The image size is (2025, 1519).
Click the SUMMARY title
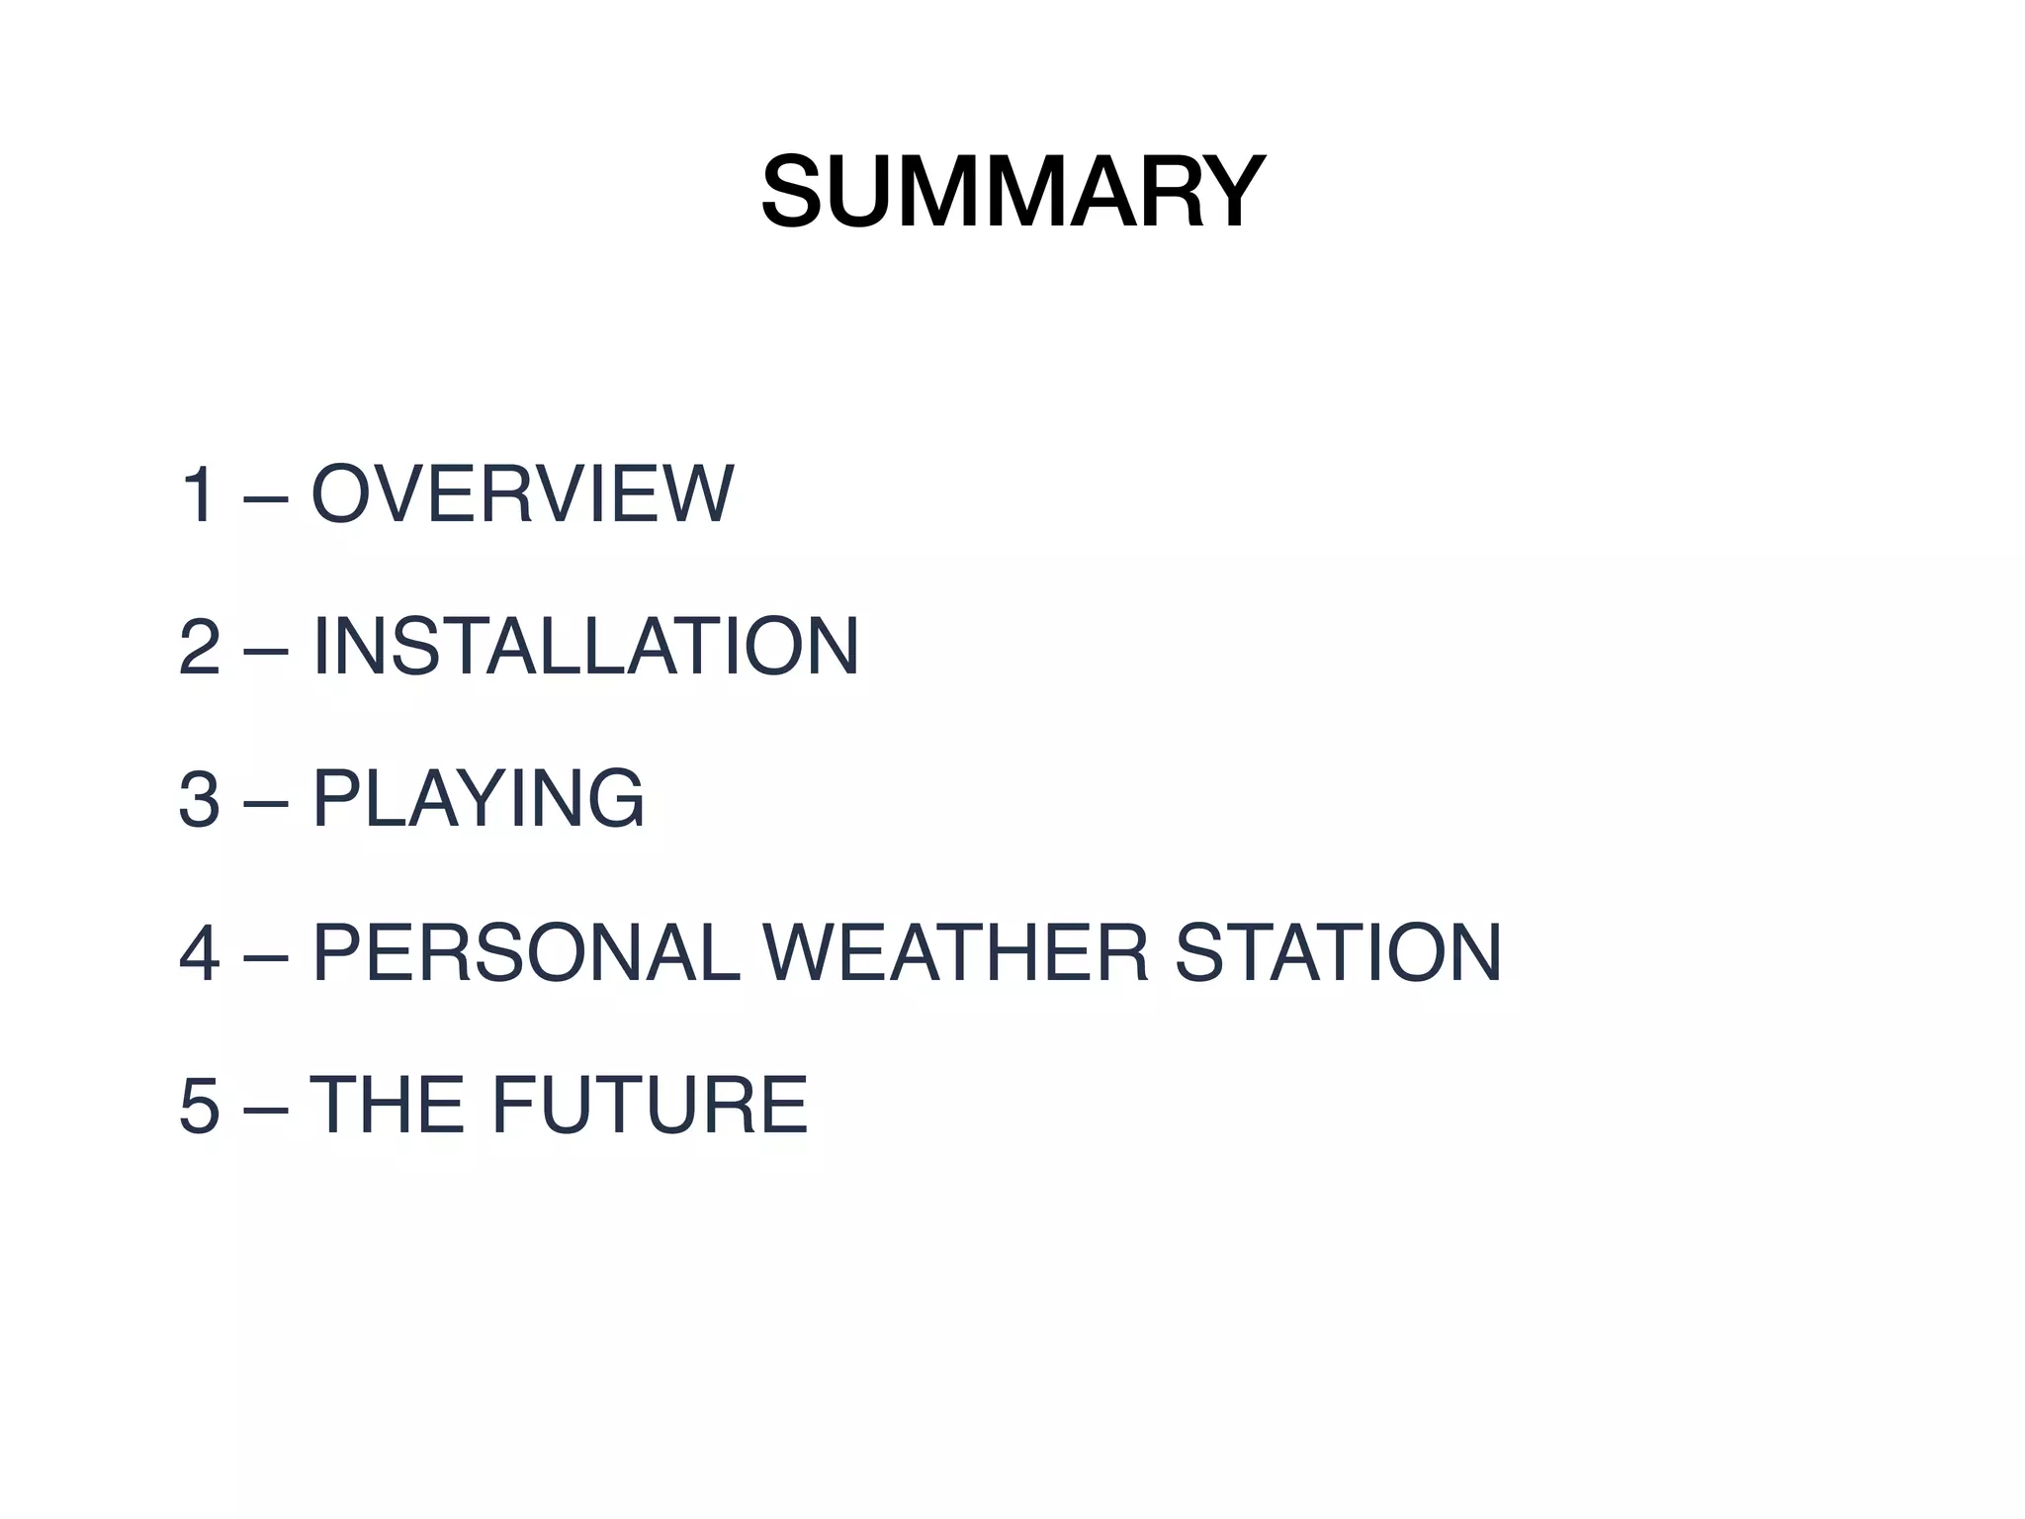[x=1012, y=192]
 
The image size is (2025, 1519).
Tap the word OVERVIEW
[x=523, y=493]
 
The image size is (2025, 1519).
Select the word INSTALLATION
[x=585, y=647]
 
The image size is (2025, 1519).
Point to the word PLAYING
[x=479, y=799]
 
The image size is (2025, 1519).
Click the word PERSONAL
[x=526, y=952]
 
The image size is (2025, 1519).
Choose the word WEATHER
[x=956, y=952]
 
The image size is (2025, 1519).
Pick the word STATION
[x=1338, y=952]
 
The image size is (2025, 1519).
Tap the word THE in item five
[x=387, y=1105]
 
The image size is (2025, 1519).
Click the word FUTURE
[x=650, y=1105]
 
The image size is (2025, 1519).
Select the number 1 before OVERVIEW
[x=198, y=493]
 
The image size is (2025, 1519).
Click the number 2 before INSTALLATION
[x=200, y=647]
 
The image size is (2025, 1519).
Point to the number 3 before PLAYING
[x=200, y=799]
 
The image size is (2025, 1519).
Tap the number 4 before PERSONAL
[x=200, y=952]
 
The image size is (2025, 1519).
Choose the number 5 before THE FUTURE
[x=200, y=1105]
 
